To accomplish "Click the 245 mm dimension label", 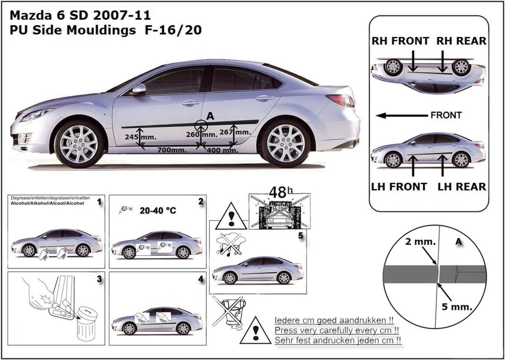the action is coord(141,137).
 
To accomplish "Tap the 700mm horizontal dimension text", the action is coord(172,150).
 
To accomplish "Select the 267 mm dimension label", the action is coord(235,132).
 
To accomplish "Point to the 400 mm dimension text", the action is coord(223,150).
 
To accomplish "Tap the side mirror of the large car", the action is coord(139,90).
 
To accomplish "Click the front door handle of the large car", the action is coord(191,103).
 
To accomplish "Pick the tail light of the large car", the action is coord(341,100).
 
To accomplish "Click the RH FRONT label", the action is coord(400,41).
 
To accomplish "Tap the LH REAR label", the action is coord(462,187).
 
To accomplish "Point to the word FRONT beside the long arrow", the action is coord(446,115).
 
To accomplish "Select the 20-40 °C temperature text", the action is coord(158,211).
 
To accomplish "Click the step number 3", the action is coord(99,279).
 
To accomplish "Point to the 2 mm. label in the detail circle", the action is coord(420,242).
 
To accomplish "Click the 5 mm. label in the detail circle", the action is coord(457,307).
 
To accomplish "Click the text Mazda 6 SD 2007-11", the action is coord(80,15).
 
